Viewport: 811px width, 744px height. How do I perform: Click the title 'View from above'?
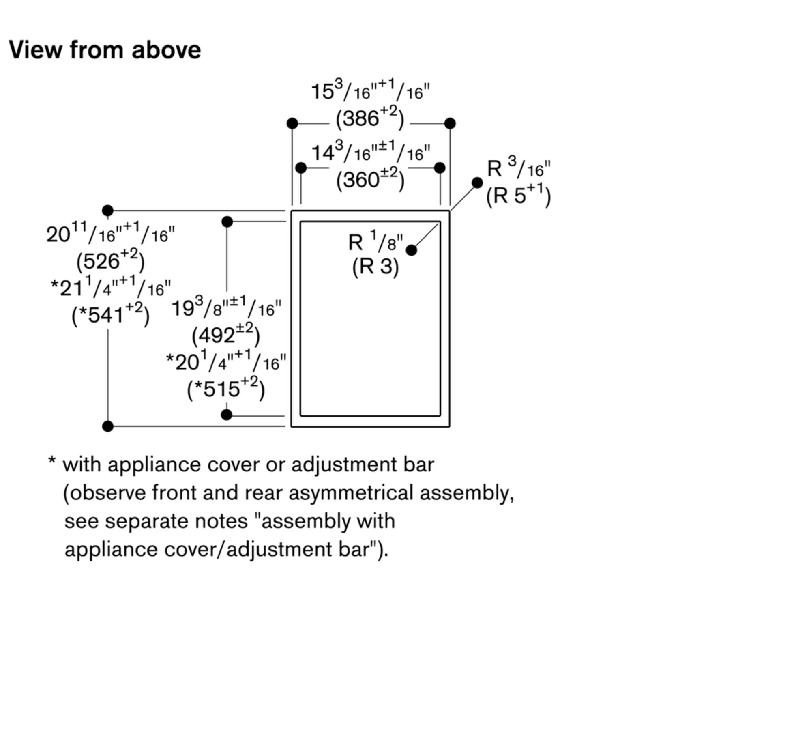coord(105,50)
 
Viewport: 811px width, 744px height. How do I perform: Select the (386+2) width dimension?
coord(369,118)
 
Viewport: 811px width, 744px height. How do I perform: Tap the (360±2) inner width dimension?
coord(370,179)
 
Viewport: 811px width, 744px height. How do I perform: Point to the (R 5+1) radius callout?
coord(518,195)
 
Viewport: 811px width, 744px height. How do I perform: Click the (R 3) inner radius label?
coord(375,267)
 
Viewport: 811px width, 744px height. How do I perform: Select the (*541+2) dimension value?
coord(110,315)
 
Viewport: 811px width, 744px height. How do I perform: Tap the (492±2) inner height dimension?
coord(225,335)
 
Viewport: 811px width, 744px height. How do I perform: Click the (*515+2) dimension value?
coord(225,389)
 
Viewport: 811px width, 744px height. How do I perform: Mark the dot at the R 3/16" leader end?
coord(477,183)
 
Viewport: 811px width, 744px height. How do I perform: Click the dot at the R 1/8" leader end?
coord(411,250)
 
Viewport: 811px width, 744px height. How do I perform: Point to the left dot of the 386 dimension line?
coord(292,123)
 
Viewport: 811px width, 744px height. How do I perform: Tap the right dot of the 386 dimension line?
coord(450,123)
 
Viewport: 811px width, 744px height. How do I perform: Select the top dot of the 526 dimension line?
coord(107,211)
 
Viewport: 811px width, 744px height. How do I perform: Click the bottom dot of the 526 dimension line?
coord(107,426)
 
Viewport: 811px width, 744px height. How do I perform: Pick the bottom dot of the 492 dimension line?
coord(226,415)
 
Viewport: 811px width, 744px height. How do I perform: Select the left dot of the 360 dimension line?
coord(300,168)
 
